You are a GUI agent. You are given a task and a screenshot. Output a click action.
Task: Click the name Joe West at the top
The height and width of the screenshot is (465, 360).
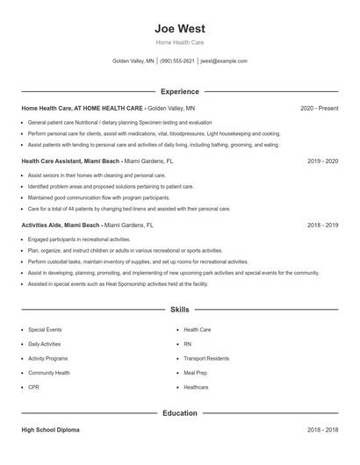[179, 28]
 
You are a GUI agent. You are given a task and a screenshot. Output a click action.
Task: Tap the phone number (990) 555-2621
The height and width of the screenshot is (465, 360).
[177, 61]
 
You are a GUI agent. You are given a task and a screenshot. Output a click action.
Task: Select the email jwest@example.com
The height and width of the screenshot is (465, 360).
[224, 61]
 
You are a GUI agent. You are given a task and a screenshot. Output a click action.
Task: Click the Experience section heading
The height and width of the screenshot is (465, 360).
[179, 91]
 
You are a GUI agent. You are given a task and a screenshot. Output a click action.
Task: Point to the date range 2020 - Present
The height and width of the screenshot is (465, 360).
[319, 108]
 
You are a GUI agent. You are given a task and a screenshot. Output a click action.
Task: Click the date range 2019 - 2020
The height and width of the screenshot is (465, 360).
[322, 161]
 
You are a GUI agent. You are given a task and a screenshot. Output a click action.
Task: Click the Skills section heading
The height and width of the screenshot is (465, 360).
[179, 310]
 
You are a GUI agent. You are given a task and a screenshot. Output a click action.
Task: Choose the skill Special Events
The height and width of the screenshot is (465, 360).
[45, 330]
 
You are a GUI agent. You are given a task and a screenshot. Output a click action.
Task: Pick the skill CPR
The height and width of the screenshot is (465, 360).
[33, 387]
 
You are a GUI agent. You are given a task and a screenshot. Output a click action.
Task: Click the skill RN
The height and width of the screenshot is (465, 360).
[187, 344]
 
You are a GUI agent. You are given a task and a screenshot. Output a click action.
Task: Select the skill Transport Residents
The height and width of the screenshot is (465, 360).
[206, 358]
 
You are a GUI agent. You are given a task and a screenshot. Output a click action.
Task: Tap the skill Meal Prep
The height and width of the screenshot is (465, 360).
[196, 373]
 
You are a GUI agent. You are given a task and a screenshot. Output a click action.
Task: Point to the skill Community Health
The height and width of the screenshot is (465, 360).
[50, 373]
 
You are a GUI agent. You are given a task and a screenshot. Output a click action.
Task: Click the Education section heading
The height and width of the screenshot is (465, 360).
[179, 413]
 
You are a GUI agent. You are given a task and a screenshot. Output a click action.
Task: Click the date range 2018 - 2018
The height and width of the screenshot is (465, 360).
[322, 430]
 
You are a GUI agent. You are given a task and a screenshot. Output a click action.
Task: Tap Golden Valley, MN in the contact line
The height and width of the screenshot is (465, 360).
[133, 61]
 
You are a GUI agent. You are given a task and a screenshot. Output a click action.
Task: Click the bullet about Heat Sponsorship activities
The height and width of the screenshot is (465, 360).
[118, 284]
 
